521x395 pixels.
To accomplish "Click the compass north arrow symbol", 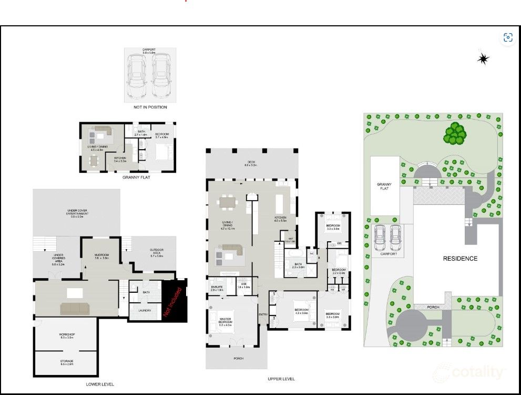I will pyautogui.click(x=483, y=58).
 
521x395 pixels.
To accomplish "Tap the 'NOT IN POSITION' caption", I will pyautogui.click(x=150, y=107).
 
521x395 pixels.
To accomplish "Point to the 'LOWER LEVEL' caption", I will pyautogui.click(x=100, y=384).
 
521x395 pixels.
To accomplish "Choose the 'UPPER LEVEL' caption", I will pyautogui.click(x=281, y=379).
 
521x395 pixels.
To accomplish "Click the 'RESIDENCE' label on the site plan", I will pyautogui.click(x=460, y=259).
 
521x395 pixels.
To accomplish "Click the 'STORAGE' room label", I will pyautogui.click(x=67, y=362).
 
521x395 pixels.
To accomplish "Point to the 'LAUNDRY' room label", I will pyautogui.click(x=145, y=310).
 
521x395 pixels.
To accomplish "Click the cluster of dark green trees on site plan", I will pyautogui.click(x=455, y=133).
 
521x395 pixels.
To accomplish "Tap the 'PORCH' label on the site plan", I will pyautogui.click(x=433, y=307).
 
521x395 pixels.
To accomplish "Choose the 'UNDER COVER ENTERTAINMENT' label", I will pyautogui.click(x=77, y=213).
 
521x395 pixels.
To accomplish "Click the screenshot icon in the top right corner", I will pyautogui.click(x=508, y=37).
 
